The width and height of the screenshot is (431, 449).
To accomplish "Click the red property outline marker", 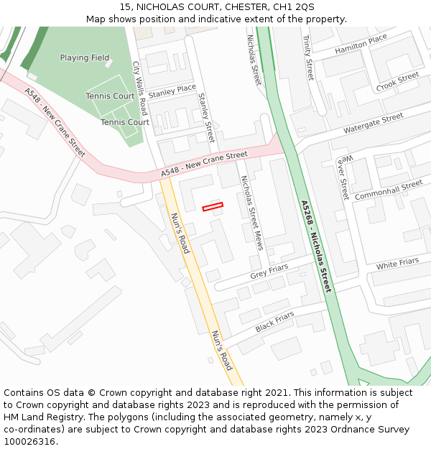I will coord(213,207).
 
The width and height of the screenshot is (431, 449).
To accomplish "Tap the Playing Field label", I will coord(85,57).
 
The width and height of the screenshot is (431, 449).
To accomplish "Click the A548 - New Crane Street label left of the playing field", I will coord(55,122).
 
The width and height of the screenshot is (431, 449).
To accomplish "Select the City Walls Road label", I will coord(140,88).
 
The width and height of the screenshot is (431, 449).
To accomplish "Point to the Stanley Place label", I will coord(172,91).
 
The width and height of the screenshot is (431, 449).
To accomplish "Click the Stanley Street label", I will coord(206,117).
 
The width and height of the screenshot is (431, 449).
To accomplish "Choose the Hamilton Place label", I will coord(361,45).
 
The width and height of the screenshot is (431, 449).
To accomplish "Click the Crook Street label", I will coord(397,82).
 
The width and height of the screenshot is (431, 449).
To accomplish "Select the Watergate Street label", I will coord(373,124).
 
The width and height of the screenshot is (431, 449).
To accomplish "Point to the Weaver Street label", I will coord(343,177).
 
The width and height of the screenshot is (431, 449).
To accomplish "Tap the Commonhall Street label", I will coord(389,190).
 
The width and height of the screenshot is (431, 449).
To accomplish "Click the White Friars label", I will coord(397,264).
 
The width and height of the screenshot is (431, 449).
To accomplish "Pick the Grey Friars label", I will coord(269,272).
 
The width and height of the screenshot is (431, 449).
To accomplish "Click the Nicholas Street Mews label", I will coord(251,213).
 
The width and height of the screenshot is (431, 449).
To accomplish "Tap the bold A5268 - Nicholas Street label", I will coord(317,246).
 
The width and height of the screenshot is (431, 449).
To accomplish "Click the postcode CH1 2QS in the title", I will coord(295,6).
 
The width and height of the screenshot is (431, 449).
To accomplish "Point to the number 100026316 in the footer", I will coord(29,442).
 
